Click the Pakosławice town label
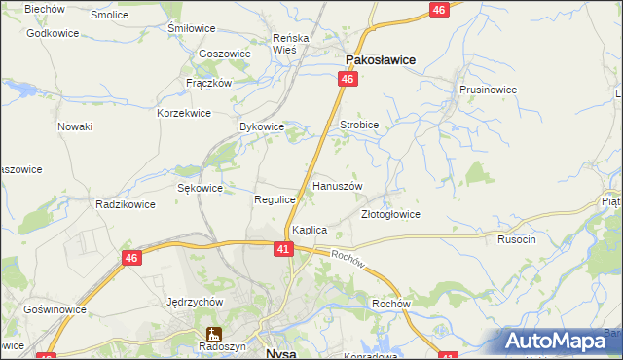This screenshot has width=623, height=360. (x=378, y=59)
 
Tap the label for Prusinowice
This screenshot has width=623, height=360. (x=488, y=89)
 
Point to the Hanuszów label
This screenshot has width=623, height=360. (x=337, y=185)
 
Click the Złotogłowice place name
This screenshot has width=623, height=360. (x=390, y=214)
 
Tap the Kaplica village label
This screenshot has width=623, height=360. (x=309, y=230)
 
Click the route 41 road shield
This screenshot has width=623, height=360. (x=282, y=250)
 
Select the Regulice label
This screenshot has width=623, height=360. (x=275, y=198)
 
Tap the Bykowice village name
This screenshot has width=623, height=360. (x=261, y=126)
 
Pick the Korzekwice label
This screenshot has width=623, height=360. (x=184, y=113)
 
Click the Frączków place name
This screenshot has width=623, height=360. (x=207, y=83)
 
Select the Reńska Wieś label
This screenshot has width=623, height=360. (x=290, y=44)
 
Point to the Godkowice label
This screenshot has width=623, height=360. (x=53, y=33)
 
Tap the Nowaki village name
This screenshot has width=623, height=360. (x=75, y=126)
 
